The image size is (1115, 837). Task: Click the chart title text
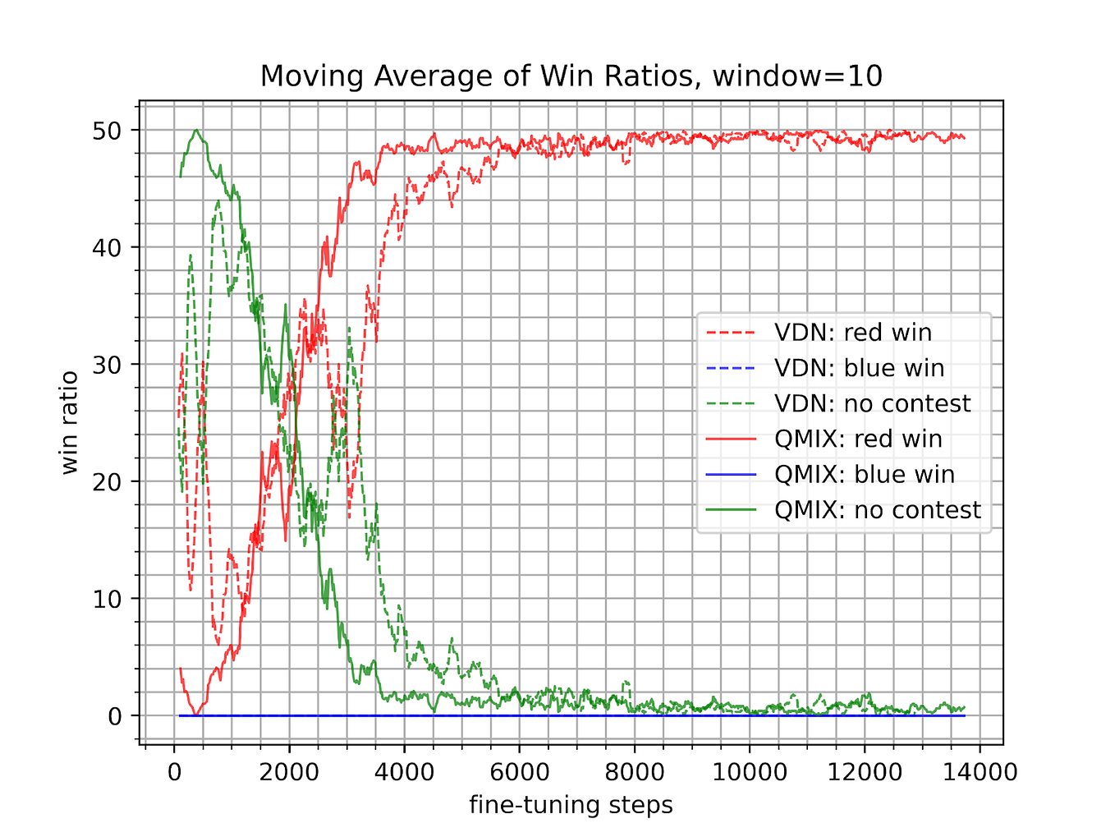pyautogui.click(x=571, y=76)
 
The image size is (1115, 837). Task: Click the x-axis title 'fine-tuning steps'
pyautogui.click(x=571, y=805)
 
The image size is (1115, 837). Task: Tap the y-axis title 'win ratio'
pyautogui.click(x=70, y=423)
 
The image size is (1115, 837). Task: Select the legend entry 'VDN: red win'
pyautogui.click(x=852, y=333)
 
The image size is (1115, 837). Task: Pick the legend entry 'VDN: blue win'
pyautogui.click(x=859, y=368)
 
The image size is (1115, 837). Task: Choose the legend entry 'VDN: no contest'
pyautogui.click(x=872, y=403)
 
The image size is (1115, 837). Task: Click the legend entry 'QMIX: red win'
pyautogui.click(x=858, y=439)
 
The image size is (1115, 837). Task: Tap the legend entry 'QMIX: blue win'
pyautogui.click(x=864, y=475)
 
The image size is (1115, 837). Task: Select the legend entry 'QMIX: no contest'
pyautogui.click(x=877, y=510)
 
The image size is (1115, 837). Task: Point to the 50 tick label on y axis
pyautogui.click(x=105, y=131)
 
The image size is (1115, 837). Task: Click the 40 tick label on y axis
pyautogui.click(x=105, y=247)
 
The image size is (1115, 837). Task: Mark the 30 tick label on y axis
pyautogui.click(x=105, y=365)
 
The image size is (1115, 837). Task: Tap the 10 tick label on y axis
pyautogui.click(x=105, y=599)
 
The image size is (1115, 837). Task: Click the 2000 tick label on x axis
pyautogui.click(x=289, y=773)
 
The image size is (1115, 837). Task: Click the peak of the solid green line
pyautogui.click(x=196, y=130)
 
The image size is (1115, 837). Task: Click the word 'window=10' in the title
pyautogui.click(x=797, y=76)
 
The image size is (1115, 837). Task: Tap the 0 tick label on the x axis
pyautogui.click(x=174, y=773)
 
